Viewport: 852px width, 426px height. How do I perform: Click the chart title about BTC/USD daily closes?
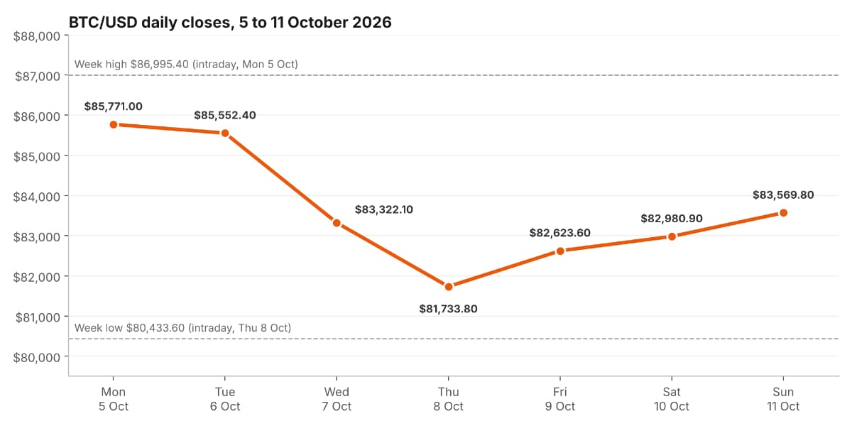pyautogui.click(x=230, y=23)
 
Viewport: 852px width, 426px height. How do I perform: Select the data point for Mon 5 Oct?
pyautogui.click(x=114, y=125)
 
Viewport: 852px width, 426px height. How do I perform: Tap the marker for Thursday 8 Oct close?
pyautogui.click(x=449, y=287)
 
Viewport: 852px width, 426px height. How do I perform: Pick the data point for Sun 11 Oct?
pyautogui.click(x=783, y=213)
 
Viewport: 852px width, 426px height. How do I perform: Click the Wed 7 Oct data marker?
pyautogui.click(x=337, y=223)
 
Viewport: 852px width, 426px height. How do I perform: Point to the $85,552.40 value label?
pyautogui.click(x=225, y=115)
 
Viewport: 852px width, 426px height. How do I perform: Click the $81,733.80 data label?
pyautogui.click(x=448, y=309)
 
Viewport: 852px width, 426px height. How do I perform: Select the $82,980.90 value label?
pyautogui.click(x=672, y=219)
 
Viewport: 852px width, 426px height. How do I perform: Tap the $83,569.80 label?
pyautogui.click(x=783, y=195)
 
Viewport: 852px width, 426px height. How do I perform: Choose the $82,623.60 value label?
pyautogui.click(x=560, y=233)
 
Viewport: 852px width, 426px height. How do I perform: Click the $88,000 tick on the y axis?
pyautogui.click(x=36, y=36)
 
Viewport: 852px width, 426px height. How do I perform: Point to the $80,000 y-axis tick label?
pyautogui.click(x=36, y=358)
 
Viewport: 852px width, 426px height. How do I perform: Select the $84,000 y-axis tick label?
pyautogui.click(x=36, y=197)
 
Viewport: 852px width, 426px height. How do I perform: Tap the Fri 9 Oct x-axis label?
pyautogui.click(x=560, y=399)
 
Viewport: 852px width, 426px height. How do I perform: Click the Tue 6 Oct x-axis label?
pyautogui.click(x=225, y=399)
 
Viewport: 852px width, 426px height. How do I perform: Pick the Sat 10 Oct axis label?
pyautogui.click(x=672, y=399)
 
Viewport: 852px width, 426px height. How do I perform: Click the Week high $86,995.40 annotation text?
pyautogui.click(x=186, y=65)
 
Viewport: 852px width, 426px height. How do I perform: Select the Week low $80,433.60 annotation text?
pyautogui.click(x=182, y=328)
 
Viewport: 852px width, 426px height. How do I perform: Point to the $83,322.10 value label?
pyautogui.click(x=384, y=209)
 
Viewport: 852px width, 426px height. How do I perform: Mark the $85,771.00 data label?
pyautogui.click(x=114, y=106)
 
